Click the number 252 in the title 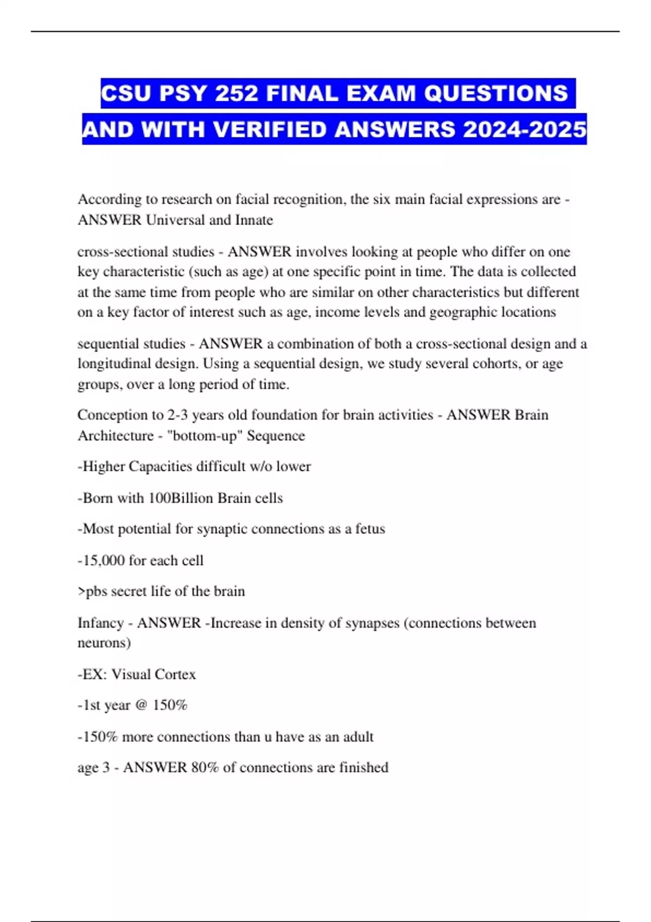237,94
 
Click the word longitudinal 114,363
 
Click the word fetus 370,529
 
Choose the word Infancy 100,623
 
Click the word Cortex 175,674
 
